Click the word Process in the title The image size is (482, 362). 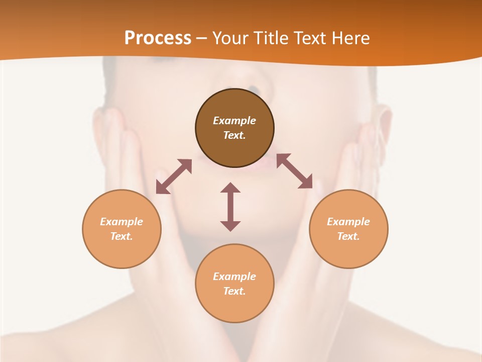click(x=158, y=38)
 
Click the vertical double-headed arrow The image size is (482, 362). click(x=230, y=207)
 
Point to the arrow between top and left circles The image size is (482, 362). click(x=174, y=176)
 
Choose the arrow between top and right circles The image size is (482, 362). click(x=295, y=171)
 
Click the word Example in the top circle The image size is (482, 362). click(x=234, y=121)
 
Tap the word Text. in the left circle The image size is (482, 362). click(x=122, y=236)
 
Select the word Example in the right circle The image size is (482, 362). click(x=348, y=222)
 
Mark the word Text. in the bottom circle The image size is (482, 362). click(x=234, y=291)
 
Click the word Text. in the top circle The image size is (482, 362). click(x=234, y=135)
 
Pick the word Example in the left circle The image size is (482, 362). click(x=122, y=222)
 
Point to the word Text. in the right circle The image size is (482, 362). click(x=348, y=236)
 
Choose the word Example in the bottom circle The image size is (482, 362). click(x=234, y=277)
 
